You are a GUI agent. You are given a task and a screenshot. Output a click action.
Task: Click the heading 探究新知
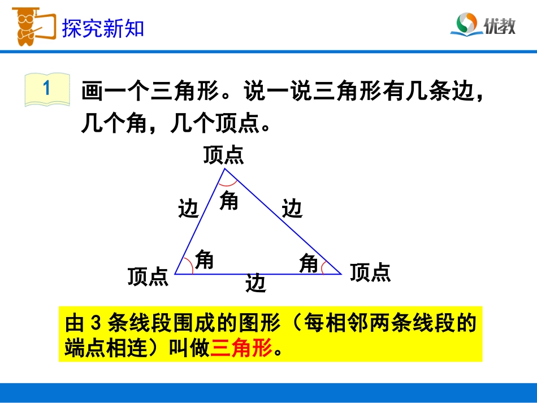click(x=103, y=28)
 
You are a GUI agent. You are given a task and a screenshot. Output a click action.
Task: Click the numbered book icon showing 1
click(x=47, y=89)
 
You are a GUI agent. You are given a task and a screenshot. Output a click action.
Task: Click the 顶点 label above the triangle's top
click(x=224, y=155)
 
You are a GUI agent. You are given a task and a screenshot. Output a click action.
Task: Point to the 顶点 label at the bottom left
click(x=148, y=276)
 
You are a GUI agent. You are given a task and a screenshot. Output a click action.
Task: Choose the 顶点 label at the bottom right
click(x=370, y=272)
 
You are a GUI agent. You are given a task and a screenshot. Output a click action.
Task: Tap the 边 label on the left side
click(x=188, y=209)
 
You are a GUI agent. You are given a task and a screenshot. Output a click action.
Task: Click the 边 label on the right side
click(x=292, y=209)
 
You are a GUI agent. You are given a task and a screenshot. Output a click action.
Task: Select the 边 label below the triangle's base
click(x=255, y=283)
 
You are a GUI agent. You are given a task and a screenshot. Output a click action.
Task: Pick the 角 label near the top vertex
click(x=229, y=200)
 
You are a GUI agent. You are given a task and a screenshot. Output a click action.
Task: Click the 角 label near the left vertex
click(x=204, y=259)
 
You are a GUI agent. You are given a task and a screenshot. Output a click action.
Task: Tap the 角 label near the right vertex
click(x=309, y=263)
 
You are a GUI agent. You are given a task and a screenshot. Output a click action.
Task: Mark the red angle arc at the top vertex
click(x=227, y=184)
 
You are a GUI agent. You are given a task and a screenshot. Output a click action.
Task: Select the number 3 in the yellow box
click(x=95, y=324)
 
